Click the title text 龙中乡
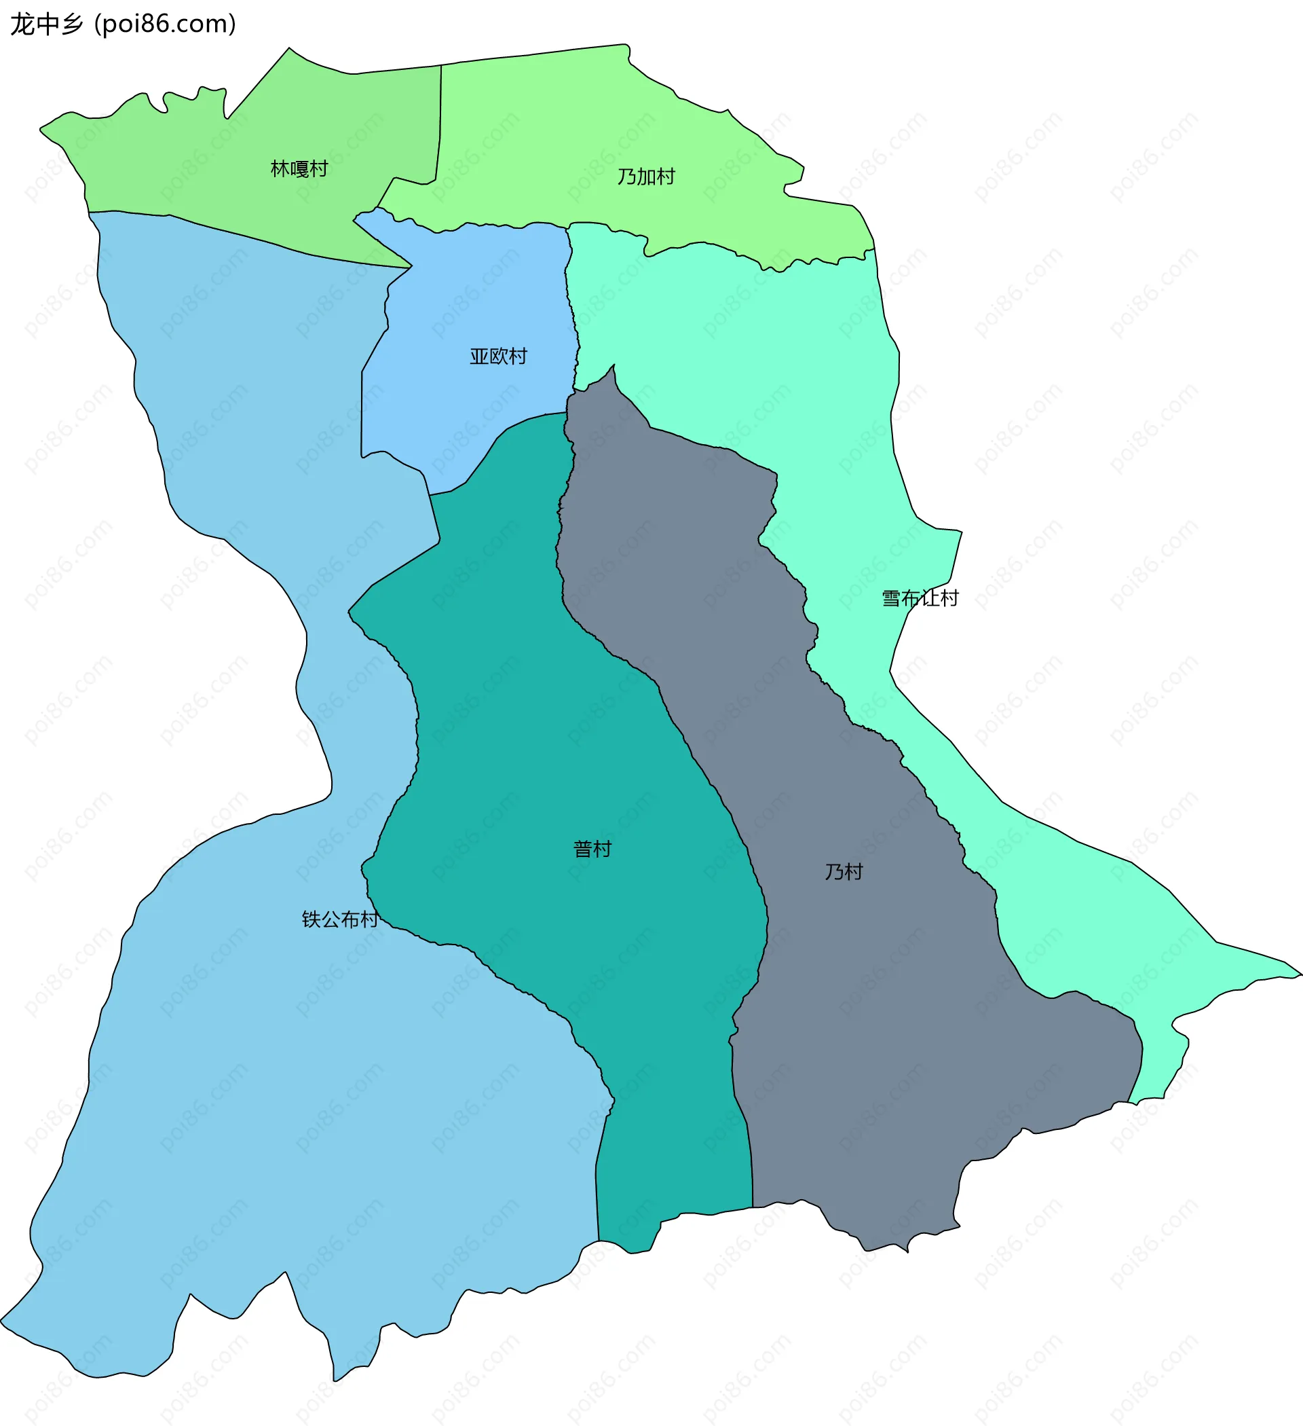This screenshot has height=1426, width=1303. (x=47, y=24)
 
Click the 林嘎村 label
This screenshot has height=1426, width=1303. (x=299, y=169)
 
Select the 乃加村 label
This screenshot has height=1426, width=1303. (x=645, y=177)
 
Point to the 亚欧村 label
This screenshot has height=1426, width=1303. (x=498, y=356)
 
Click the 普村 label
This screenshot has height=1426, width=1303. (x=592, y=849)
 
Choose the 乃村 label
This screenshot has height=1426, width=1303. (x=844, y=872)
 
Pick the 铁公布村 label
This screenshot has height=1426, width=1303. (x=339, y=919)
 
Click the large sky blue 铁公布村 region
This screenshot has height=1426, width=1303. (x=283, y=1132)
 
